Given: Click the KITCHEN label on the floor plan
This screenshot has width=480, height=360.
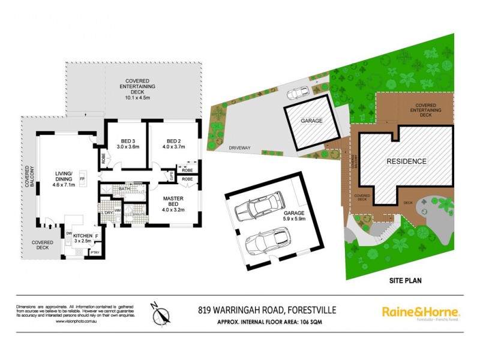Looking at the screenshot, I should click(82, 236).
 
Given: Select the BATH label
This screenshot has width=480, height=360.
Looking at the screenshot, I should click(124, 190).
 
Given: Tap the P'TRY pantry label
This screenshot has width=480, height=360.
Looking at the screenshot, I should click(94, 253).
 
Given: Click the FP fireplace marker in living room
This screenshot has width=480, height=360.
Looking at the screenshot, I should click(82, 179).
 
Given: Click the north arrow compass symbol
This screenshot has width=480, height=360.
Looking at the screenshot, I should click(161, 313).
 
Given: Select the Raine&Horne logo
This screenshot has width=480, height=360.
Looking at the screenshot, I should click(421, 312).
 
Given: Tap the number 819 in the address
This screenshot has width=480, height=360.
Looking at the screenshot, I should click(206, 311).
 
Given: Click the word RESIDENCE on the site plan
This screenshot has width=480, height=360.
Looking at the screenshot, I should click(406, 161).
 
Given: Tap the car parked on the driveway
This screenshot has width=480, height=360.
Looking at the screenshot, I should click(298, 92).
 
